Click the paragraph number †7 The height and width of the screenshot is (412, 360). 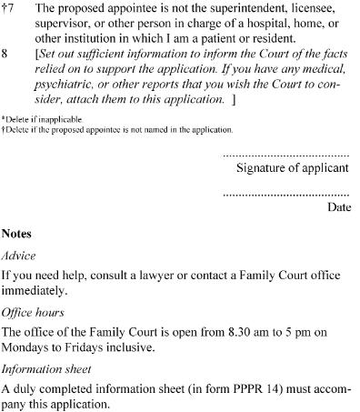click(9, 6)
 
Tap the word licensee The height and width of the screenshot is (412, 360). click(311, 6)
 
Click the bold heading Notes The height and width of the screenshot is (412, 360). click(16, 234)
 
